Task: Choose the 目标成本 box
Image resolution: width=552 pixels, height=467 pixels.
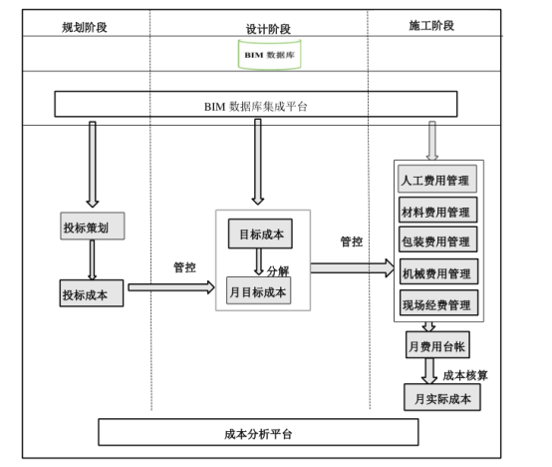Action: click(261, 235)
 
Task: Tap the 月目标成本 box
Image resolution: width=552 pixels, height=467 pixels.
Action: click(259, 292)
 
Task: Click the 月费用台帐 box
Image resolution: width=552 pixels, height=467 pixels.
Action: click(436, 346)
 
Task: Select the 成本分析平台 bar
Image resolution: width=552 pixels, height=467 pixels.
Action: click(258, 433)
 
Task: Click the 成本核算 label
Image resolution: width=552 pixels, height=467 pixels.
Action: click(464, 375)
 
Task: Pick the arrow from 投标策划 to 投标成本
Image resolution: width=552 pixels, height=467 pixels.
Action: click(92, 260)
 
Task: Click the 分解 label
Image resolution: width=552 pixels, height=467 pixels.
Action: click(278, 270)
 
